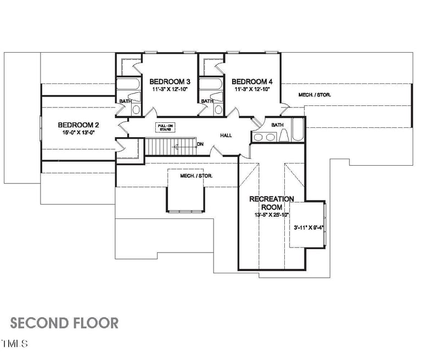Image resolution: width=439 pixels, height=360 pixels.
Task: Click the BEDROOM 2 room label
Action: [x=78, y=125]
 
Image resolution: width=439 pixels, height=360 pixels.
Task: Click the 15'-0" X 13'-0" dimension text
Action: [x=78, y=132]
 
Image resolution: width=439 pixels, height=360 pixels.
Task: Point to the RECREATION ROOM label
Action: [x=272, y=203]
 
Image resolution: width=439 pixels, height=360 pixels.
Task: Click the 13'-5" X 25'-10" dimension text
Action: [x=272, y=215]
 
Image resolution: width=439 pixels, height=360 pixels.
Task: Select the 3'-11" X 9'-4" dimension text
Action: [x=308, y=227]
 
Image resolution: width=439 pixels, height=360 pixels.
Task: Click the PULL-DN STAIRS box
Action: [x=166, y=127]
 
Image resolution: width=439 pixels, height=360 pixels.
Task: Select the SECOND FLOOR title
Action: [x=64, y=323]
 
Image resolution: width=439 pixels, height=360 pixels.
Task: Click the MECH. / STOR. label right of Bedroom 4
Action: [x=314, y=95]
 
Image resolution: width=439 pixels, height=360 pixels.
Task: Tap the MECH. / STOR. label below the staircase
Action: [x=196, y=176]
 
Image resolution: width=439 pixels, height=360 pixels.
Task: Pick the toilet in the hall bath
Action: [x=284, y=136]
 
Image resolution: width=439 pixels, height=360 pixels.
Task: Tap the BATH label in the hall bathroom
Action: [x=277, y=125]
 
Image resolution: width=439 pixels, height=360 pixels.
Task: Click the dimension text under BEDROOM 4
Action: [x=253, y=89]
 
